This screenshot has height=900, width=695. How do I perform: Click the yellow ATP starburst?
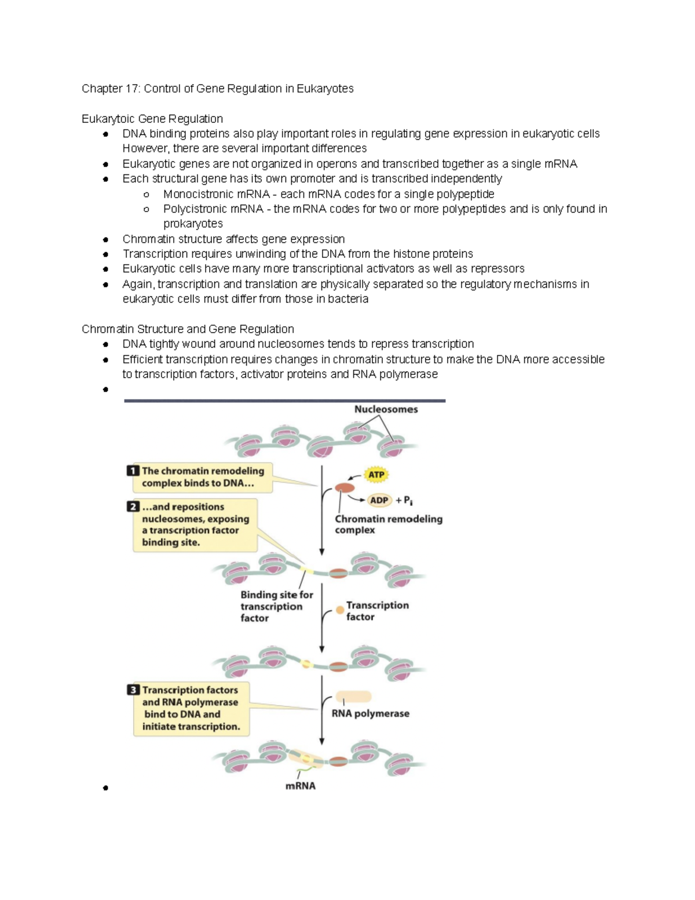376,475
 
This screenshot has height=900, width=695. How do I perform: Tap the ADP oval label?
379,500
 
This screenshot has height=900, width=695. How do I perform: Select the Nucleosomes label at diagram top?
386,409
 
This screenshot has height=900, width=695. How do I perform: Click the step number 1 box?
133,471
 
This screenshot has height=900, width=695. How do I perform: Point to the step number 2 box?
133,507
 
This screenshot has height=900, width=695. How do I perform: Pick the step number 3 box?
133,690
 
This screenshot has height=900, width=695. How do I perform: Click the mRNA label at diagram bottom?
300,786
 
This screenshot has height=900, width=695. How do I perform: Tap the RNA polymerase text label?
370,713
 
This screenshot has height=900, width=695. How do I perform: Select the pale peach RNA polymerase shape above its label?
353,697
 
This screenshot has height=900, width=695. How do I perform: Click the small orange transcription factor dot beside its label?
340,610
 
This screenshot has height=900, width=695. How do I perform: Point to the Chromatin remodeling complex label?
388,524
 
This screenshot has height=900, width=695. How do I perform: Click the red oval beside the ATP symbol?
345,488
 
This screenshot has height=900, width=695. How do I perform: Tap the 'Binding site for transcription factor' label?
276,606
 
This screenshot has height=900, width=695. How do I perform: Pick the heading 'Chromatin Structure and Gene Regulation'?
188,329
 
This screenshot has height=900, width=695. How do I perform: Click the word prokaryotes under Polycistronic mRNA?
193,224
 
